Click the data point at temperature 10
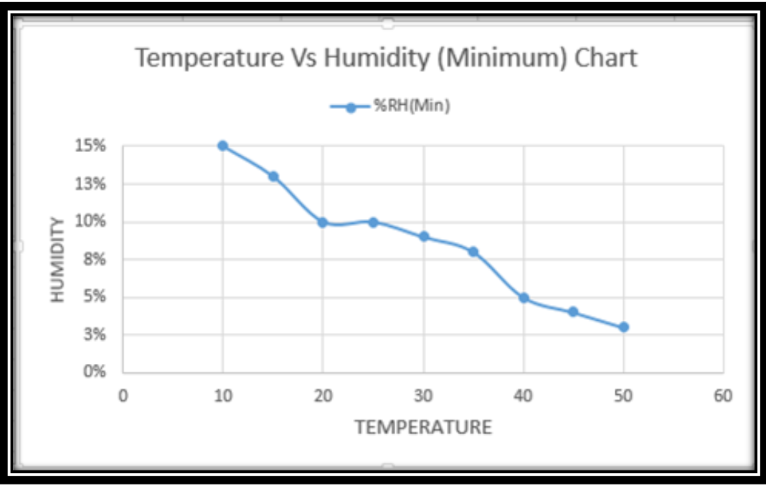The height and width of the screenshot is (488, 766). point(222,146)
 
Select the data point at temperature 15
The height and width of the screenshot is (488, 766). point(273,177)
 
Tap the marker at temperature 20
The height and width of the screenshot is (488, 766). point(323,222)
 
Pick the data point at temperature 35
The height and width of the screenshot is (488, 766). point(473,252)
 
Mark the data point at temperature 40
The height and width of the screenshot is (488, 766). point(524,298)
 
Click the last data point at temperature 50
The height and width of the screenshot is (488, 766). point(623,327)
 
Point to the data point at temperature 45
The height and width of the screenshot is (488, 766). point(573,312)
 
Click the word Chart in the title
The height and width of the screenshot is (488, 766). point(605,58)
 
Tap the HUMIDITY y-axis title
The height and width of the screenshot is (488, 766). point(58,259)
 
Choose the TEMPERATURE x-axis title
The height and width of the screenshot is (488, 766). point(423,428)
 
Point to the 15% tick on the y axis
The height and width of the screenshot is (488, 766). point(92,146)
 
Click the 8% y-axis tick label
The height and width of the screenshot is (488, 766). point(95,259)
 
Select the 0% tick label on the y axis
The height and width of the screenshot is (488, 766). point(95,372)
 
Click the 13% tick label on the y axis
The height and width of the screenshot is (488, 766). point(92,184)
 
